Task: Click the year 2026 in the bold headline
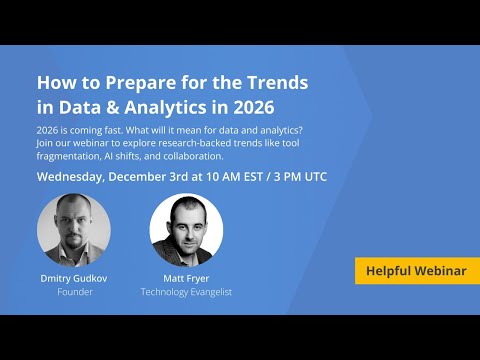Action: coord(249,106)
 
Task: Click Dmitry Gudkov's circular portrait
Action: coord(74,229)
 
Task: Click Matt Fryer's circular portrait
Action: coord(186,229)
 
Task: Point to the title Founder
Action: coord(74,294)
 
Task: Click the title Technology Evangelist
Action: coord(186,294)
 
